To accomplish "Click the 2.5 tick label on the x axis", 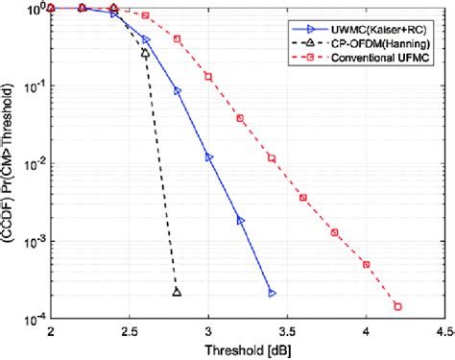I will pyautogui.click(x=129, y=330).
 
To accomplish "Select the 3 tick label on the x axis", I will pyautogui.click(x=208, y=330).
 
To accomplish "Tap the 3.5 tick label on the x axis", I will pyautogui.click(x=287, y=330).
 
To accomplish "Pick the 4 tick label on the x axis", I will pyautogui.click(x=367, y=330).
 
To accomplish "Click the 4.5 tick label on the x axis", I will pyautogui.click(x=442, y=330).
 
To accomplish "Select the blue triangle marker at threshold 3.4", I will pyautogui.click(x=272, y=293).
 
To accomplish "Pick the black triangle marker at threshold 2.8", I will pyautogui.click(x=177, y=292).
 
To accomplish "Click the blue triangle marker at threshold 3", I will pyautogui.click(x=208, y=156).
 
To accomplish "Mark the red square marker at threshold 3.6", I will pyautogui.click(x=303, y=198).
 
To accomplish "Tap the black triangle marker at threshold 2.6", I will pyautogui.click(x=145, y=54).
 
